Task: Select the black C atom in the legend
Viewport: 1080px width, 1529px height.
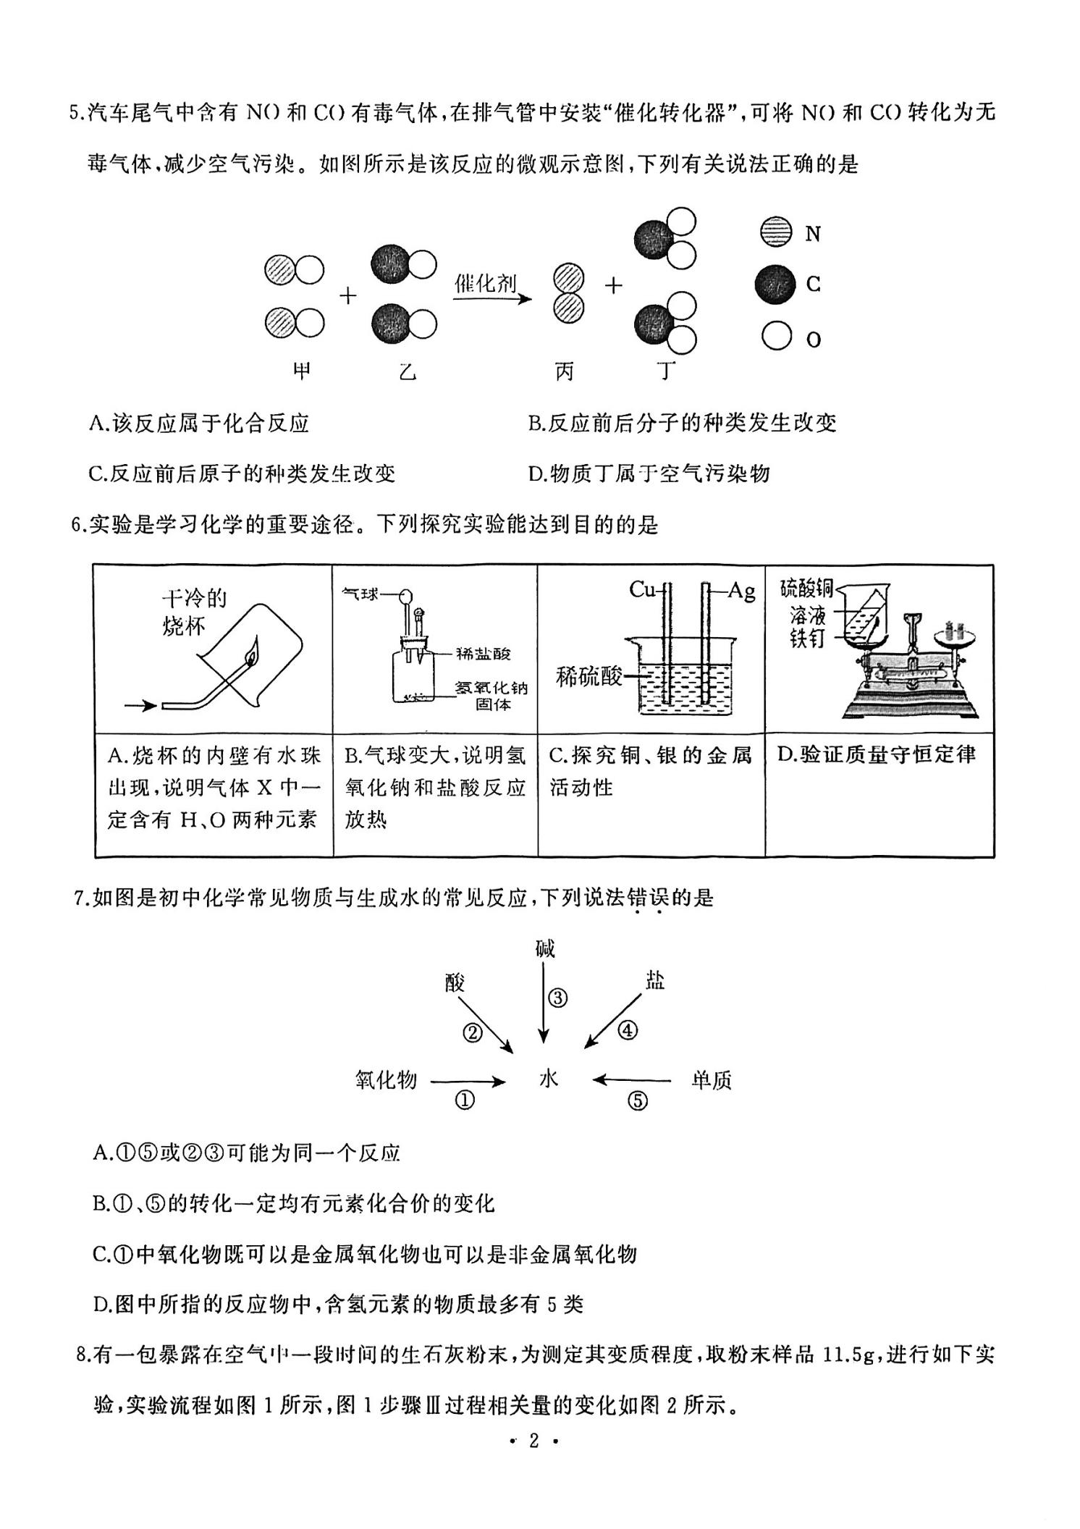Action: coord(776,284)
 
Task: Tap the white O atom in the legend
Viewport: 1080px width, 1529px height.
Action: coord(776,336)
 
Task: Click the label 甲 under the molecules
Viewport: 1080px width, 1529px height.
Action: coord(301,371)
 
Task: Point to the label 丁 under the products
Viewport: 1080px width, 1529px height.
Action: coord(666,371)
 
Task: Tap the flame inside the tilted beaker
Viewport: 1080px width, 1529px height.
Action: coord(251,652)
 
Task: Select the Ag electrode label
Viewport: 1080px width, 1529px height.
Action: coord(741,591)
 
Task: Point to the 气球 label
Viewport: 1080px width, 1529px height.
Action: coord(360,594)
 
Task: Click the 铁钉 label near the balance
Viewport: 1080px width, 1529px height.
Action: coord(808,639)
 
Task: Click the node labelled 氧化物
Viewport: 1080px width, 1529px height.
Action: coord(386,1079)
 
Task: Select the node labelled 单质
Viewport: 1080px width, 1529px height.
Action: coord(711,1080)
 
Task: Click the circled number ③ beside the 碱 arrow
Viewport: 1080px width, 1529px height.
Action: coord(558,998)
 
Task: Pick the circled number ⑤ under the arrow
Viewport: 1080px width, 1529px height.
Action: coord(637,1102)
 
